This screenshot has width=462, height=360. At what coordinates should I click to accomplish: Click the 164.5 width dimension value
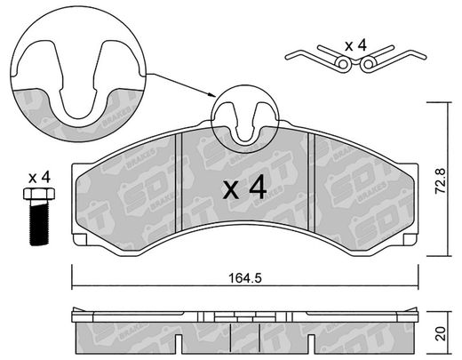click(x=245, y=278)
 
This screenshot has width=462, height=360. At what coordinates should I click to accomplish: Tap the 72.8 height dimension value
click(x=441, y=181)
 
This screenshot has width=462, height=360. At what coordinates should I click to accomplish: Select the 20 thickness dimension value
click(x=441, y=333)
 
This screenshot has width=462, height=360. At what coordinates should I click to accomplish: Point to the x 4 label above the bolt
click(x=39, y=178)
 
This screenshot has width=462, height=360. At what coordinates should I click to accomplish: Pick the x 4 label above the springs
click(x=356, y=46)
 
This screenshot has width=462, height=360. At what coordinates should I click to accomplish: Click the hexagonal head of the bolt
click(x=39, y=194)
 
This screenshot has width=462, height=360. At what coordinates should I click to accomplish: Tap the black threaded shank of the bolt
click(x=39, y=222)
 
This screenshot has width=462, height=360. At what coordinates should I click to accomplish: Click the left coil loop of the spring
click(x=343, y=64)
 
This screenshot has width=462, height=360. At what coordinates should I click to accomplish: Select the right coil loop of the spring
click(x=368, y=64)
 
